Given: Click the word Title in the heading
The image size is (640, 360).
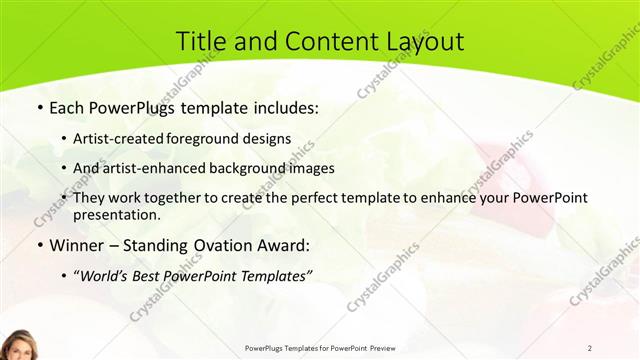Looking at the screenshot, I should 201,41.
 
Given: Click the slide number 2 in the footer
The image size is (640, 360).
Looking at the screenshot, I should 589,347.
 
